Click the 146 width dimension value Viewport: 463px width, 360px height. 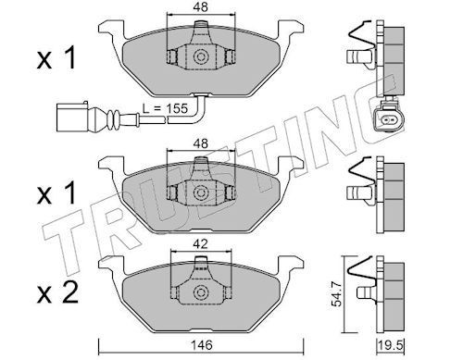pyautogui.click(x=201, y=345)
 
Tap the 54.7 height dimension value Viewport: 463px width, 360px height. pyautogui.click(x=339, y=294)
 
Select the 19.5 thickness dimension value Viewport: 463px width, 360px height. pyautogui.click(x=391, y=345)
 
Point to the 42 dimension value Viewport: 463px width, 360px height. pyautogui.click(x=200, y=244)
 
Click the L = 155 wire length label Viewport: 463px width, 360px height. pyautogui.click(x=165, y=108)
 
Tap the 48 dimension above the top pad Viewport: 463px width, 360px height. pyautogui.click(x=201, y=7)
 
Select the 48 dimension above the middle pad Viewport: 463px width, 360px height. pyautogui.click(x=201, y=143)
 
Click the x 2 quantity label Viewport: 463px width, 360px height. pyautogui.click(x=57, y=294)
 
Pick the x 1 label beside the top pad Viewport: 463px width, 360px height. pyautogui.click(x=56, y=59)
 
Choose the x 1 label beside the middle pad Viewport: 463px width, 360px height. pyautogui.click(x=56, y=194)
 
